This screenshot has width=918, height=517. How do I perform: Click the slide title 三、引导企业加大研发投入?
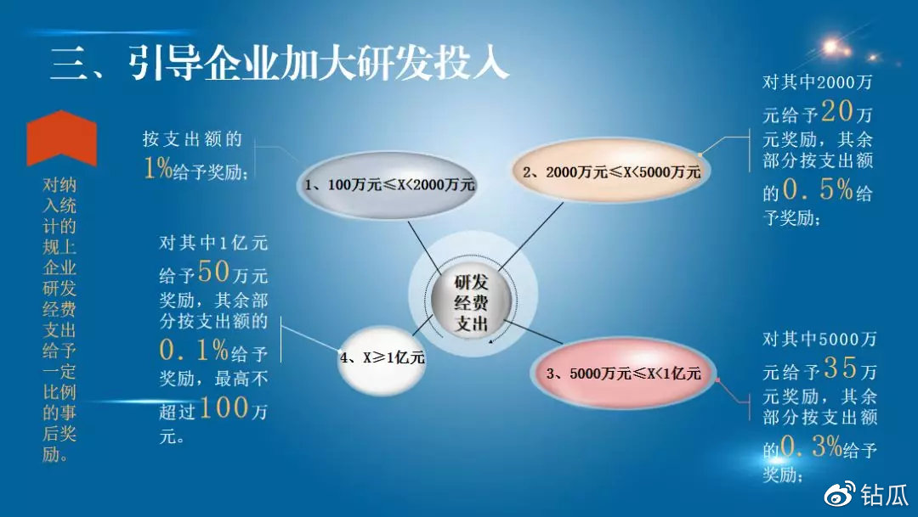tap(280, 62)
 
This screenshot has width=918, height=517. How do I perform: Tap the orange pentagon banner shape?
tap(61, 138)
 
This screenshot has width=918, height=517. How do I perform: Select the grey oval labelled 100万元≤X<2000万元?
tap(388, 185)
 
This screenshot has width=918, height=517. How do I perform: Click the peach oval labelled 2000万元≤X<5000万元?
tap(610, 171)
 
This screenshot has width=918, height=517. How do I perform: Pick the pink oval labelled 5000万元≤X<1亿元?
tap(624, 373)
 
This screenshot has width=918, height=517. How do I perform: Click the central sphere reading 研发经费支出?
tap(471, 302)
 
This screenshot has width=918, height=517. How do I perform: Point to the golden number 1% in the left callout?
tap(158, 168)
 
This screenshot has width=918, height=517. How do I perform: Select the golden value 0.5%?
tap(818, 189)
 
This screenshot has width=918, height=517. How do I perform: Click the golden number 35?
tap(841, 368)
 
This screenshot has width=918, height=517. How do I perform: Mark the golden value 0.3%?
tap(812, 447)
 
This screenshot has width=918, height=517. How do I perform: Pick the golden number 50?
tap(213, 272)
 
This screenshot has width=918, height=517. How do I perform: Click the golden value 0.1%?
tap(193, 351)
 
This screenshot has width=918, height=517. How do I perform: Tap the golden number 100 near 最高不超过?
tap(224, 407)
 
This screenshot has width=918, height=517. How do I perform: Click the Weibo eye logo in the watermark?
tap(840, 495)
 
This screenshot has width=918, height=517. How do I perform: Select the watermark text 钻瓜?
tap(884, 495)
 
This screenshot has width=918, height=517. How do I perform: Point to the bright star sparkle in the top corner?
tap(831, 47)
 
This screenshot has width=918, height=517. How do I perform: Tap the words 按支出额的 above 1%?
tap(192, 139)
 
